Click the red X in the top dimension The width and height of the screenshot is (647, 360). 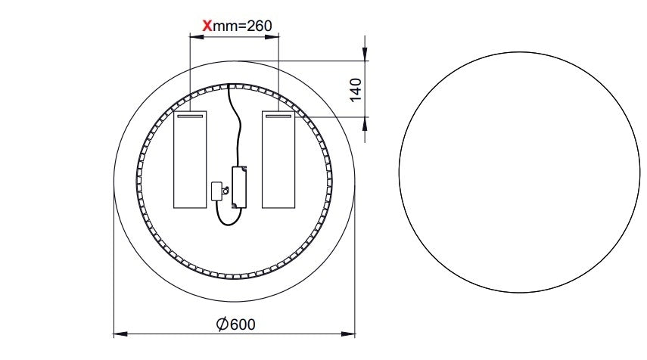(207, 26)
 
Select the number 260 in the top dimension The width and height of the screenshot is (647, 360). (259, 26)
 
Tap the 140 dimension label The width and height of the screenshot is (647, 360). (356, 89)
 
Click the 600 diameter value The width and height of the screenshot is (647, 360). (243, 324)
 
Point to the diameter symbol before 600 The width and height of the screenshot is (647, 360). (222, 324)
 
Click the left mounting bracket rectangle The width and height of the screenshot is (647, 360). (190, 159)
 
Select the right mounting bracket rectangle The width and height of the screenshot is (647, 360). (278, 159)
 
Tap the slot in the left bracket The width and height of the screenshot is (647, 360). (190, 116)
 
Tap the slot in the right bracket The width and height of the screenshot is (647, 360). (278, 116)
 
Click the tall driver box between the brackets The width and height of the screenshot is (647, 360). (239, 186)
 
